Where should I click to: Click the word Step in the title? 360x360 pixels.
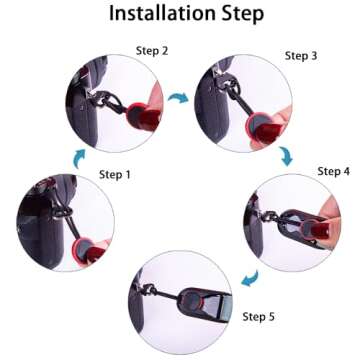240,14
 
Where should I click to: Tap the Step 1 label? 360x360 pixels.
115,175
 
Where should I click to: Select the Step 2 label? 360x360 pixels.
152,51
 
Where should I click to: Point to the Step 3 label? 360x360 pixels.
301,56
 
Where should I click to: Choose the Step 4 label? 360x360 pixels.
334,172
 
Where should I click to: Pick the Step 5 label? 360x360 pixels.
259,317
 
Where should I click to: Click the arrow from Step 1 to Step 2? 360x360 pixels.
78,158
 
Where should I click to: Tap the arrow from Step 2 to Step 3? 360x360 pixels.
178,98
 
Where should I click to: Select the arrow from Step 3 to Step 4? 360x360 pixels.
286,156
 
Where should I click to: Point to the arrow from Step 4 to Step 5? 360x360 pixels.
250,278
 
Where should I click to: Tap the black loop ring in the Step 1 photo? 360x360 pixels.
63,212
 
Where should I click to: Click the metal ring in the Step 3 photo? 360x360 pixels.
233,86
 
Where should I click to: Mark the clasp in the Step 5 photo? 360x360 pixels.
149,290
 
